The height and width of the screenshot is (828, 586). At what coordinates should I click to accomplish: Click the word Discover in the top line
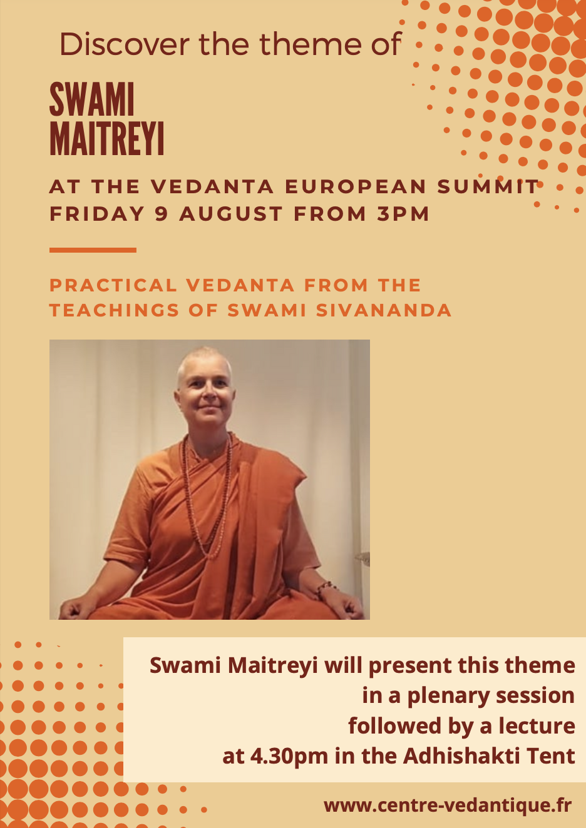(x=125, y=44)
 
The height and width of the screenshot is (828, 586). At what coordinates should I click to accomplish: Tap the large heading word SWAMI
(x=92, y=99)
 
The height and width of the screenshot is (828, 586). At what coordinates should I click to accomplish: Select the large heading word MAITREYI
(x=106, y=138)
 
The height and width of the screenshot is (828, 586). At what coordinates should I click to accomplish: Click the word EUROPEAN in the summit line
(x=356, y=186)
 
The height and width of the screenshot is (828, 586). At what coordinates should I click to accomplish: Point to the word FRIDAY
(x=97, y=214)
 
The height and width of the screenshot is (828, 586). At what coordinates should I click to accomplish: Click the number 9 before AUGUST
(x=162, y=214)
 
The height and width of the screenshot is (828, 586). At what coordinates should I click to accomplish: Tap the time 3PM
(x=403, y=214)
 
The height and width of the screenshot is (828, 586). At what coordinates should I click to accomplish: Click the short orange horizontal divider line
(x=93, y=250)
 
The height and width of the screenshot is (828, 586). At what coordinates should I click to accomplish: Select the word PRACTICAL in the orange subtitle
(x=113, y=285)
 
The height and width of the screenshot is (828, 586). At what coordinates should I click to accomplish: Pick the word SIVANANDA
(x=384, y=310)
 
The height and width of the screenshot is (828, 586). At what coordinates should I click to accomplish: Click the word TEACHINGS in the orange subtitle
(x=115, y=310)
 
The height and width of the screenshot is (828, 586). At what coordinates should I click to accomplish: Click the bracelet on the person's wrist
(x=326, y=588)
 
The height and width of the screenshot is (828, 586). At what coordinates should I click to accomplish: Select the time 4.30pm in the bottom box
(x=289, y=756)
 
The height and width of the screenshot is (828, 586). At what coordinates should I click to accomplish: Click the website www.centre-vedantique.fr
(x=448, y=805)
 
